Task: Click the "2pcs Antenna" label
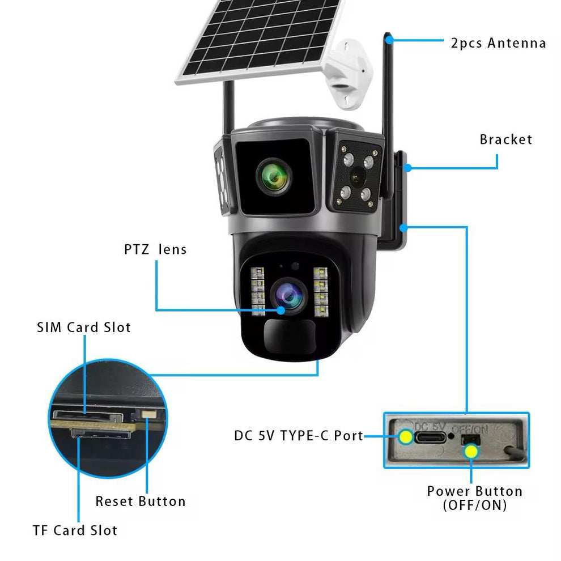[498, 43]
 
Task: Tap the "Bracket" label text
[506, 139]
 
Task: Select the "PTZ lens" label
[155, 249]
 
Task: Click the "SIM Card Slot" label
[84, 327]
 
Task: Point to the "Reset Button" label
[140, 501]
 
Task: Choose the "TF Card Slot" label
[75, 530]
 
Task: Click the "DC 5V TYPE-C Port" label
[299, 436]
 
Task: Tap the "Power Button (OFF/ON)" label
[474, 498]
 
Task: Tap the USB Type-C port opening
[431, 437]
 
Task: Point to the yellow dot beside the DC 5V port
[405, 437]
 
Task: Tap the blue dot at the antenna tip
[389, 40]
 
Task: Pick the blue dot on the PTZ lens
[281, 310]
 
